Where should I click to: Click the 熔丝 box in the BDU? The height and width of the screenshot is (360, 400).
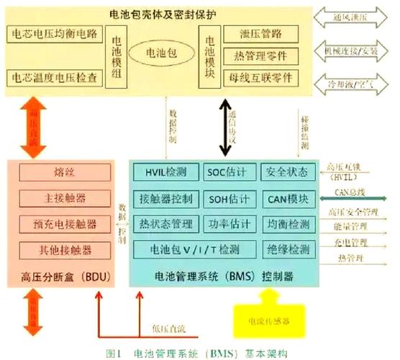click(65, 173)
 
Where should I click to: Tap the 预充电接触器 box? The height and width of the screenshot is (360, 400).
click(65, 225)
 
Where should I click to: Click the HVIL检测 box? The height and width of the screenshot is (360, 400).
click(165, 173)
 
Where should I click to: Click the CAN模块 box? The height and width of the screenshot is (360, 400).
click(286, 199)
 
